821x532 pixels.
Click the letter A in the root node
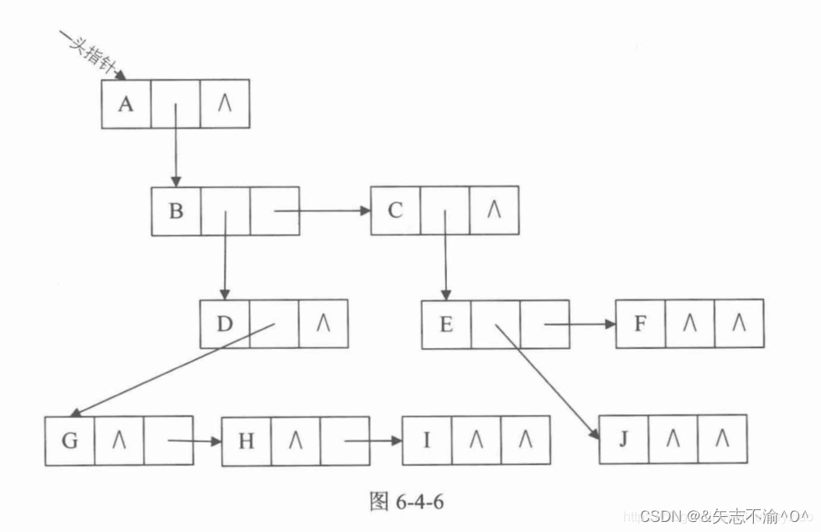tap(126, 104)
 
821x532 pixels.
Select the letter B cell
tap(176, 211)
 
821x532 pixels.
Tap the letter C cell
tap(396, 211)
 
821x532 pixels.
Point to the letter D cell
tap(224, 324)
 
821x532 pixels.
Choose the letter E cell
tap(446, 324)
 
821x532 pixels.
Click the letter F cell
tap(641, 324)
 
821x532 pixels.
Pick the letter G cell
tap(70, 440)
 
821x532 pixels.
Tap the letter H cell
tap(247, 441)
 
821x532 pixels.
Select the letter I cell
tap(427, 440)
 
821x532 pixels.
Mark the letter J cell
tap(624, 439)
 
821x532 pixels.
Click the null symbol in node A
tap(225, 104)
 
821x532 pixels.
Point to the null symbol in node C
tap(494, 211)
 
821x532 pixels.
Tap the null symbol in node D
tap(323, 324)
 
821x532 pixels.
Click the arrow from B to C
tap(323, 211)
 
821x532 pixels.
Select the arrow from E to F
tap(579, 324)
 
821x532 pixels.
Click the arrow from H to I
tap(369, 440)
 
